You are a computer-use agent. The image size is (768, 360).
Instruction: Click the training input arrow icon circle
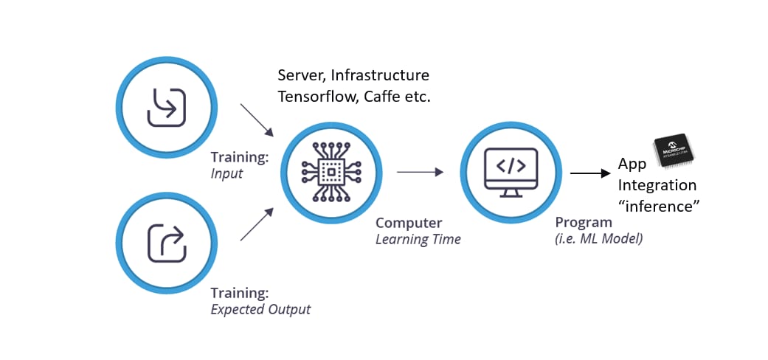pos(167,108)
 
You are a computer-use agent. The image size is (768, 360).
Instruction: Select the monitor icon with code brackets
pos(511,171)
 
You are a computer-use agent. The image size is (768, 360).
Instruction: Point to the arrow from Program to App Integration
pos(590,174)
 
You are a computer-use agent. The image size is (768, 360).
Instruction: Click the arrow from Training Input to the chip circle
pos(257,120)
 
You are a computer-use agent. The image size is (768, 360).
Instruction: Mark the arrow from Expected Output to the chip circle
pos(257,224)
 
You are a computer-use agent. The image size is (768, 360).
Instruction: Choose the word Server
pos(300,75)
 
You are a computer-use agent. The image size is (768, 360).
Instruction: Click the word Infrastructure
pos(380,75)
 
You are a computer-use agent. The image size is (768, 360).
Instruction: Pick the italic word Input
pos(226,174)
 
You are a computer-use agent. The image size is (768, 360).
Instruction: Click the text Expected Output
pos(260,309)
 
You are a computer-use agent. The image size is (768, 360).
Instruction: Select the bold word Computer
pos(409,223)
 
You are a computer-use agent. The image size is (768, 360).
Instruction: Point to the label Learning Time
pos(418,239)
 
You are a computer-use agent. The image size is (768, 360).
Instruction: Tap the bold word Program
pos(584,222)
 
